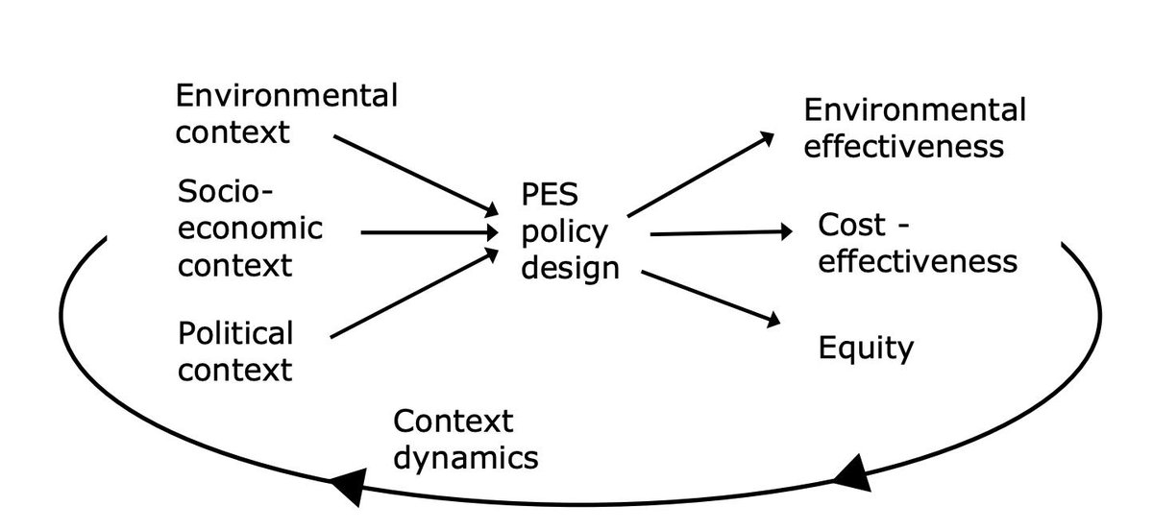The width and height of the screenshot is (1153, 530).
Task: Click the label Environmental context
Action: (x=285, y=112)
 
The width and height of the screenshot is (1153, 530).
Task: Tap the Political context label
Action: (x=235, y=350)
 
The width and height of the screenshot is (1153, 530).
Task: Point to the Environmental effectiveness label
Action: (x=914, y=128)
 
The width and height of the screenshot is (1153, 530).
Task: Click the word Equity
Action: (x=865, y=348)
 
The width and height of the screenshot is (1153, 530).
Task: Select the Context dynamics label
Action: (x=465, y=439)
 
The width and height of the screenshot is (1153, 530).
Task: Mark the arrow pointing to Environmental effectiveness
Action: (x=700, y=174)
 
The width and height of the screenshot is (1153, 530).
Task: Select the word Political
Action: (x=235, y=334)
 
